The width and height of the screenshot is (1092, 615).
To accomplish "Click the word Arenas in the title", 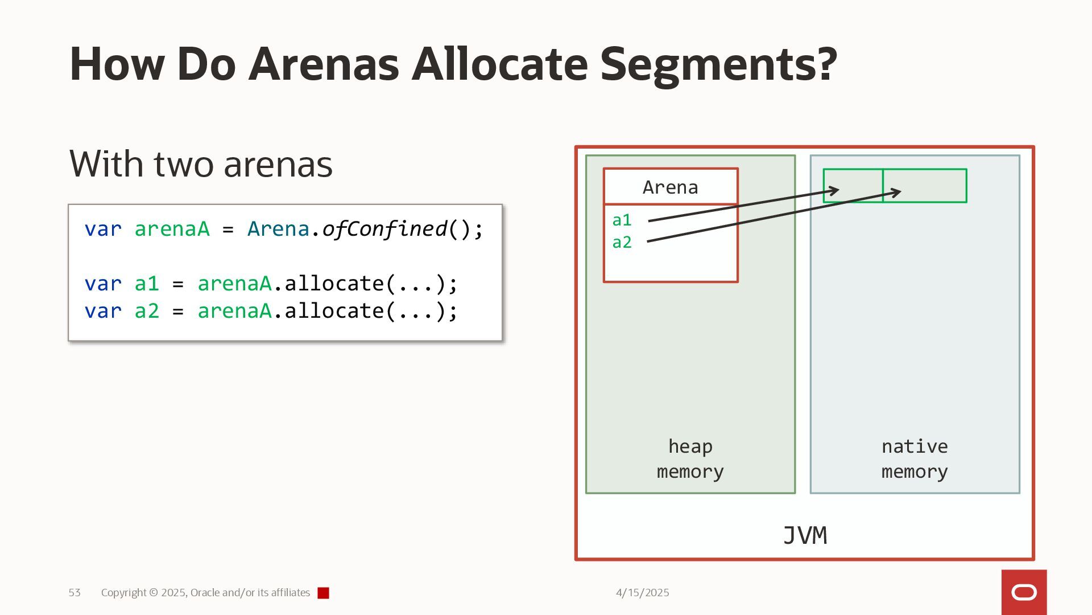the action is coord(324,64).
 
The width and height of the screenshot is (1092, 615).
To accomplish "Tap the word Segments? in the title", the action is coord(718,64).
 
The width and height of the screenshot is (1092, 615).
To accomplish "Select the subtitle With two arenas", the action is coord(201,164).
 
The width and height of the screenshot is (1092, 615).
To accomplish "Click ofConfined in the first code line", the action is coord(384,229).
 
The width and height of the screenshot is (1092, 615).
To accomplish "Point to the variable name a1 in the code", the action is coord(147,284).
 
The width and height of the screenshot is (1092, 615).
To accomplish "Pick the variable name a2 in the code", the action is coord(147,311).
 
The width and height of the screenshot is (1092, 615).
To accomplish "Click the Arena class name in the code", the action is coord(278,229).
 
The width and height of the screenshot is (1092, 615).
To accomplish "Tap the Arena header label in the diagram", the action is coord(670,187).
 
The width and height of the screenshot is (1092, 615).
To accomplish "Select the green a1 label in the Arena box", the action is coord(622,220).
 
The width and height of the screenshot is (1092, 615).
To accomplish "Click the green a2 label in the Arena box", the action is coord(622,242).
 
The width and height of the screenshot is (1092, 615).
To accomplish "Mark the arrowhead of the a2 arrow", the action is coord(897,192).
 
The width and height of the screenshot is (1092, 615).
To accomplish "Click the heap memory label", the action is coord(690,459).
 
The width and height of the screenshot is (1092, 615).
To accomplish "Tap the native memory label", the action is coord(915,459).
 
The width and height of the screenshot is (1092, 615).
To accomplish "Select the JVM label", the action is coord(805,536).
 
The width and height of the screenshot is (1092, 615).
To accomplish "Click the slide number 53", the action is coord(75,593).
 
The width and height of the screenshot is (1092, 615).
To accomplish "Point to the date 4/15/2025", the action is coord(642,593).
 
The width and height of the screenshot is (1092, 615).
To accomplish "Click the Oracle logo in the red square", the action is coord(1024,593).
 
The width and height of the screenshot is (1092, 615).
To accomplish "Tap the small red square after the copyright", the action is coord(323,593).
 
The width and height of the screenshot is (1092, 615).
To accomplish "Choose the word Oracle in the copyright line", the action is coord(205,593).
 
